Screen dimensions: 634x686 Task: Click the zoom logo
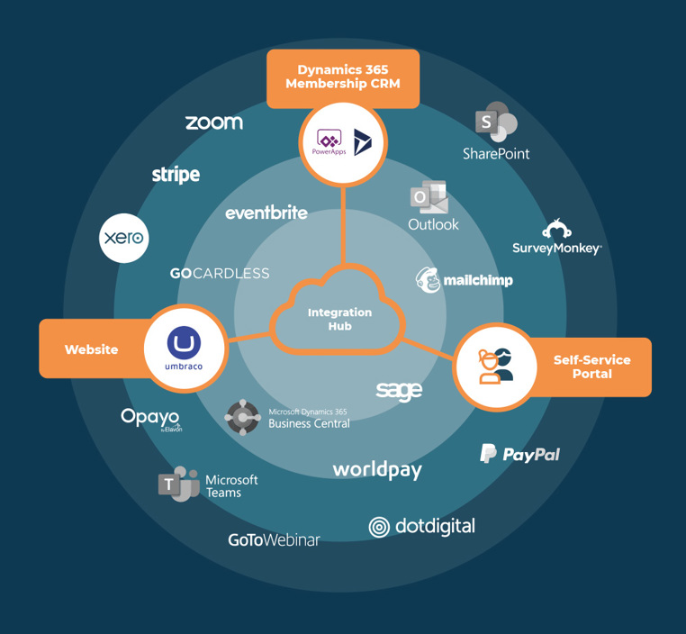coord(214,122)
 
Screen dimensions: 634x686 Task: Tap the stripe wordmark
coord(176,175)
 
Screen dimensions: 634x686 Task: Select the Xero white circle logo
coord(123,238)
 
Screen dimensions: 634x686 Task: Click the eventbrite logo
coord(266,213)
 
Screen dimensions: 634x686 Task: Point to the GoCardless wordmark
coord(220,273)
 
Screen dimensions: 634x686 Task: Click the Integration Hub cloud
coord(339,318)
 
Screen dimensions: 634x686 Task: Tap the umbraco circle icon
coord(185,347)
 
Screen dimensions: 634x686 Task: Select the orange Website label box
coord(90,349)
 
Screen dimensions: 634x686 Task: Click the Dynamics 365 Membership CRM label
coord(342,77)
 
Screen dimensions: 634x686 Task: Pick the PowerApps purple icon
coord(329,140)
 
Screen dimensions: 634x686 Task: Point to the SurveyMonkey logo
coord(556,239)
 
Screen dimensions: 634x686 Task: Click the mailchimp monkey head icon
coord(429,279)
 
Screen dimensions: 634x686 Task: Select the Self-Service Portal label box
coord(591,367)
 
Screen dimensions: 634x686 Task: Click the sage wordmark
coord(399,390)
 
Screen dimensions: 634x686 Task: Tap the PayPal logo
coord(519,454)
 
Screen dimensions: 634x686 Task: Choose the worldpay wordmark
coord(377,469)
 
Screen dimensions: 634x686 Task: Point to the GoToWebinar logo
coord(274,539)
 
